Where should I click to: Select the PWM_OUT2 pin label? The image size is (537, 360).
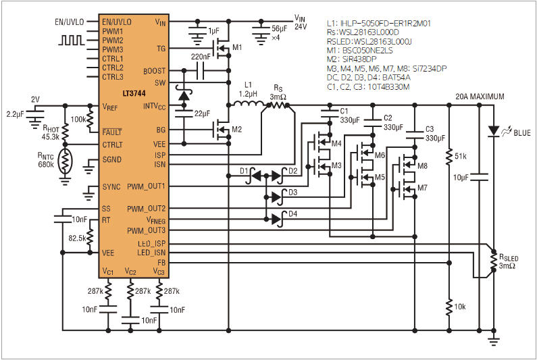pyautogui.click(x=146, y=208)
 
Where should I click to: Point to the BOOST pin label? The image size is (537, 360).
pyautogui.click(x=153, y=72)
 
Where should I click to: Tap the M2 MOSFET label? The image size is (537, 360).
pyautogui.click(x=236, y=129)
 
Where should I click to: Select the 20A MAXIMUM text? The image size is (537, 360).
pyautogui.click(x=480, y=97)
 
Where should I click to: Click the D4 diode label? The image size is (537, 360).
pyautogui.click(x=292, y=215)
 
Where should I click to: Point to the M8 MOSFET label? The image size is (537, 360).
pyautogui.click(x=422, y=165)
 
